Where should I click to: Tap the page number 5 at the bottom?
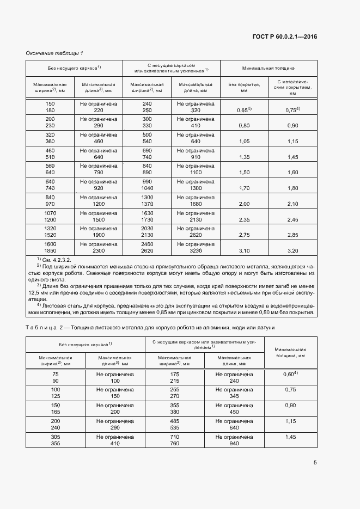coord(315,463)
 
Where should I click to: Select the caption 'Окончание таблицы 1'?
coord(54,53)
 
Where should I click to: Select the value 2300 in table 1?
coord(99,250)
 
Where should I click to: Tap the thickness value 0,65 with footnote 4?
coord(243,110)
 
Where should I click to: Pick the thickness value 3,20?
coord(292,250)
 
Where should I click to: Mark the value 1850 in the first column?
coord(50,250)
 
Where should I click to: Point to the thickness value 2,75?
coord(243,235)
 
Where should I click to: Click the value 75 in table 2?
coord(55,374)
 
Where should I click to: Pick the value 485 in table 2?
coord(175,421)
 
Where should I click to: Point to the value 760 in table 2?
coord(175,443)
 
